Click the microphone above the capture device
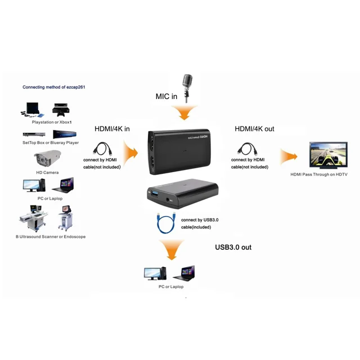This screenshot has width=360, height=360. tap(187, 87)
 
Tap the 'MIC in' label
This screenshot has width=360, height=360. tap(166, 96)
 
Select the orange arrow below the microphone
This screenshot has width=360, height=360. tap(184, 112)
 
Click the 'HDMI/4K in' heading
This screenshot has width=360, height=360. tap(112, 129)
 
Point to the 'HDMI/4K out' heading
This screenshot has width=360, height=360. tap(254, 129)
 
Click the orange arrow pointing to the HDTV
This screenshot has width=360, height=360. tap(289, 157)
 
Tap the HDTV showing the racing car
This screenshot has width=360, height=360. tap(328, 155)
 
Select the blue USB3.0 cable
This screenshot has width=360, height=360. tap(166, 223)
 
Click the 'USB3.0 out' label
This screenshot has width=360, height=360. tap(233, 247)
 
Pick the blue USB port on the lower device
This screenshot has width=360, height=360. tap(154, 193)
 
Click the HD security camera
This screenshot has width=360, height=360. tap(47, 158)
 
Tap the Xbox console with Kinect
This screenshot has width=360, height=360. tap(61, 110)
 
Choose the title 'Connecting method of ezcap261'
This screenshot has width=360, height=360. tap(54, 87)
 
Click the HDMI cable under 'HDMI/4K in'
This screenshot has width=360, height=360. tap(102, 149)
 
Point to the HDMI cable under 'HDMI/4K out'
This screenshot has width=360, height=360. tap(247, 149)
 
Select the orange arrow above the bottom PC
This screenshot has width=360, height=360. tap(172, 250)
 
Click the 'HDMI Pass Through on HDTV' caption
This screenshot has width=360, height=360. tap(319, 174)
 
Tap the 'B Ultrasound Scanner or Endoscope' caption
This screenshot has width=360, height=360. tap(51, 237)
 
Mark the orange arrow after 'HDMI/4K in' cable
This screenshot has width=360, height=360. tap(130, 152)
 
